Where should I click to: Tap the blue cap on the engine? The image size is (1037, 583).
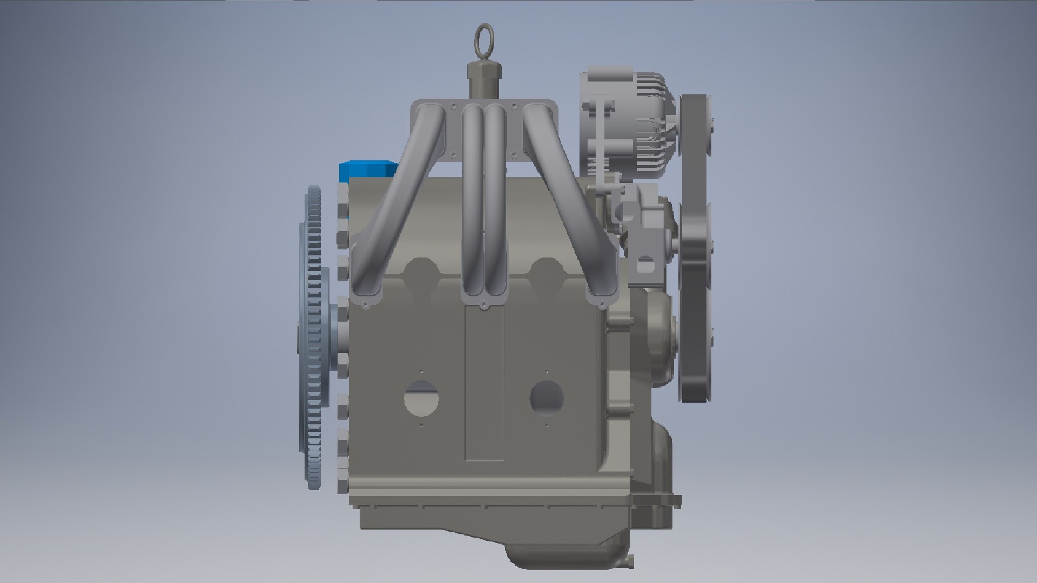pyautogui.click(x=366, y=172)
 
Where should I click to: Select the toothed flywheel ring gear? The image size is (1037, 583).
pyautogui.click(x=313, y=335)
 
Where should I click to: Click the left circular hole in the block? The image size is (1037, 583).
pyautogui.click(x=421, y=398)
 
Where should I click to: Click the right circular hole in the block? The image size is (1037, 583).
pyautogui.click(x=547, y=398)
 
